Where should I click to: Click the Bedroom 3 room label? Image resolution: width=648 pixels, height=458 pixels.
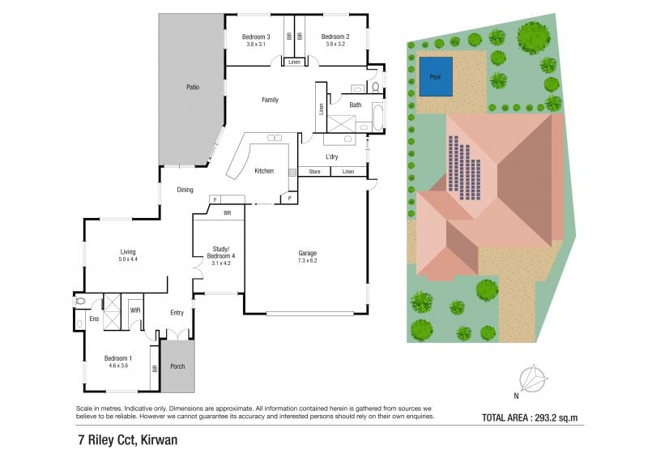click(256, 36)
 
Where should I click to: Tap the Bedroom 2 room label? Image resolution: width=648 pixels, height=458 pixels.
click(335, 36)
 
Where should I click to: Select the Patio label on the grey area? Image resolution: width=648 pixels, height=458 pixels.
click(193, 88)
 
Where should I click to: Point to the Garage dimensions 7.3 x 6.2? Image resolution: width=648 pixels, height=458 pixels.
click(308, 261)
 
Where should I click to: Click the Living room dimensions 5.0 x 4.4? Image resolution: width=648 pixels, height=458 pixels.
click(128, 259)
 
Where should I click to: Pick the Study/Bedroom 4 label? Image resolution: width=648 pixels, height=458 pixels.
click(220, 252)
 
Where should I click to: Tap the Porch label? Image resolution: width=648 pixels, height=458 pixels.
click(177, 366)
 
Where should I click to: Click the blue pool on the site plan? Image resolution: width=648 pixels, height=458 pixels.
click(436, 76)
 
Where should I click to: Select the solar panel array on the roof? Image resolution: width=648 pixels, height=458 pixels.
click(464, 168)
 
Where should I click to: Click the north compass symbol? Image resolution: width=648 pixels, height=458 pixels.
click(534, 378)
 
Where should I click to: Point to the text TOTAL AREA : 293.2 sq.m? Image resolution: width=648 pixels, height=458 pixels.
click(530, 417)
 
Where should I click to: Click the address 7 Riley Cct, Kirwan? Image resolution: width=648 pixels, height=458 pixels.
click(128, 440)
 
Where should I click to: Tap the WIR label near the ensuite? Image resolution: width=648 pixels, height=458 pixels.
click(135, 310)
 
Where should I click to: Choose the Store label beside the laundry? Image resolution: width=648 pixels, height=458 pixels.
click(314, 171)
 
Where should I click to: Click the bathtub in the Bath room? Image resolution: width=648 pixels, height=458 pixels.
click(377, 117)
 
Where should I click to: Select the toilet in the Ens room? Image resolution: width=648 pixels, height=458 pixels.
click(79, 302)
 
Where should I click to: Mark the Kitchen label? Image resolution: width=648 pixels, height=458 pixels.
click(264, 171)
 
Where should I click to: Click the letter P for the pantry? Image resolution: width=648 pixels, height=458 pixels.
click(290, 199)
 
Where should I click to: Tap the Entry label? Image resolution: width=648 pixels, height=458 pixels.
click(177, 313)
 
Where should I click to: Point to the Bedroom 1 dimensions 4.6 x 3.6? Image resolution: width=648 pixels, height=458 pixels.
click(118, 366)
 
